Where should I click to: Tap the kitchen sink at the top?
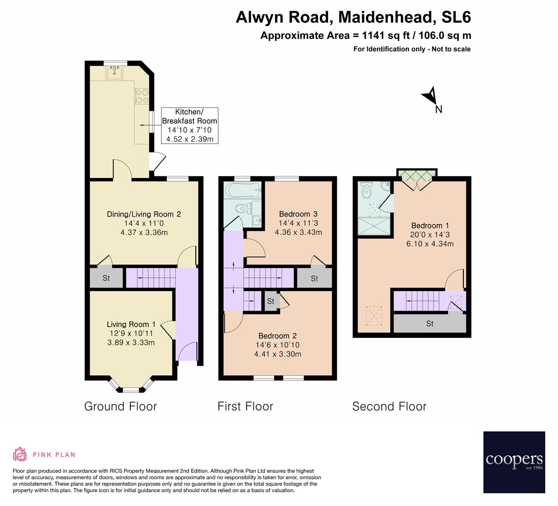[114, 73]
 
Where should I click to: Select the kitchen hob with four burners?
[141, 96]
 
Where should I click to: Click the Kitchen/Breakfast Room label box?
[189, 125]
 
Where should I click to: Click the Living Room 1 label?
[131, 333]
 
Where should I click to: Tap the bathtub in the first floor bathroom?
[242, 190]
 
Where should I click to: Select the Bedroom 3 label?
[298, 223]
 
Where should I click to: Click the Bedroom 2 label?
[277, 344]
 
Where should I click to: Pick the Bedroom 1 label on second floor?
[430, 234]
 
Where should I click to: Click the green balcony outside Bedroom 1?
[417, 174]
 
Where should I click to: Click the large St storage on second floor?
[430, 323]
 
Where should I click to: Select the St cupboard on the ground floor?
[106, 278]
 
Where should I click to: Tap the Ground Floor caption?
[120, 406]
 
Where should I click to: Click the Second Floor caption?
[389, 406]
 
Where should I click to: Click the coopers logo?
[514, 461]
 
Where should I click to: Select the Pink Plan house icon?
[20, 454]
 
